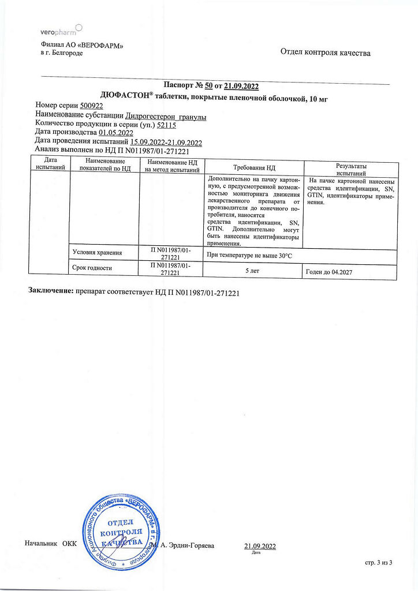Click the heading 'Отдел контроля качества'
coord(325,53)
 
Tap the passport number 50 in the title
coord(209,87)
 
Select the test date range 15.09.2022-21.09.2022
coord(166,142)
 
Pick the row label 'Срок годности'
coord(92,268)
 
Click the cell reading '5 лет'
coord(254,270)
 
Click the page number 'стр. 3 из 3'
coord(379,563)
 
